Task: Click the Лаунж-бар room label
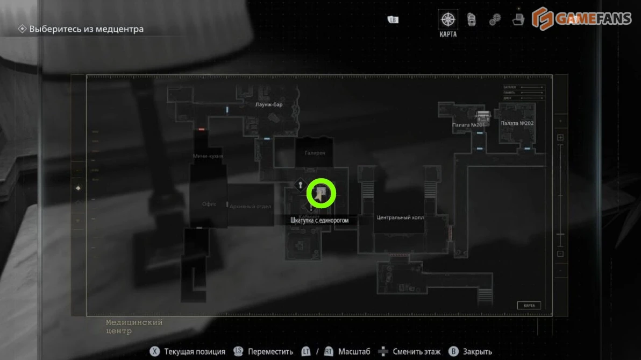(269, 104)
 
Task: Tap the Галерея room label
(315, 153)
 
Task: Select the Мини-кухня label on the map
(208, 156)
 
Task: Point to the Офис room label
(209, 204)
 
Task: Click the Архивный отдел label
(250, 206)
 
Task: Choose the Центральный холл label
(400, 218)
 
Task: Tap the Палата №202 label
(517, 123)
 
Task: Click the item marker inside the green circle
(322, 194)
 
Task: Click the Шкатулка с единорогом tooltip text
(319, 221)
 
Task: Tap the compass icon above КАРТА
(447, 20)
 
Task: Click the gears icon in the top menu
(495, 20)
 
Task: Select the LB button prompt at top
(393, 20)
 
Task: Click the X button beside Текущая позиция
(155, 351)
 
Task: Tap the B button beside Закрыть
(453, 351)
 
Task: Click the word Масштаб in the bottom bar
(354, 352)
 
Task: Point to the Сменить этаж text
(417, 352)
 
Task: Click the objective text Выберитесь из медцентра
(86, 29)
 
